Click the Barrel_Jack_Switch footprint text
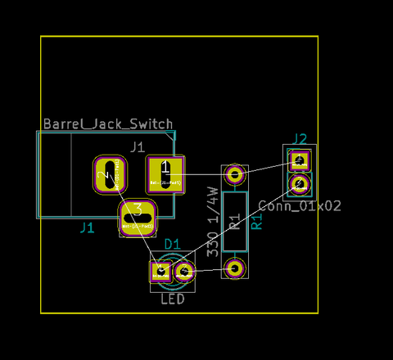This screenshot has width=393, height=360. tap(107, 124)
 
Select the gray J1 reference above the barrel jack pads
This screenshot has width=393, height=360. tap(138, 146)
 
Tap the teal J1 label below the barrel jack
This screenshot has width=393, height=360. tap(87, 228)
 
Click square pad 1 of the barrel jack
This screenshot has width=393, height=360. tap(166, 174)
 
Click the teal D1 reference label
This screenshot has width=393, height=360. tap(173, 244)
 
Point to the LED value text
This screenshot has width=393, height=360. tap(172, 299)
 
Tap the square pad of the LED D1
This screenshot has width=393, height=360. tap(160, 271)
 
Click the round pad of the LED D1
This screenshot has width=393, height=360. tap(185, 271)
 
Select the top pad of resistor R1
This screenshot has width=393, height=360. tap(236, 174)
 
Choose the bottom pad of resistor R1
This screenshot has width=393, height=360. tap(236, 268)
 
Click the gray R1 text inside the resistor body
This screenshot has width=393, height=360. tap(236, 222)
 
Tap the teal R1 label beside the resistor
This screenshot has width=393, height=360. tap(256, 220)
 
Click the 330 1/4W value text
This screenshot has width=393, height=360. tap(212, 222)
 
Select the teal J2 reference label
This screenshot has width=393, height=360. tap(300, 138)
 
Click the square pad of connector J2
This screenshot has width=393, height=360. tap(300, 160)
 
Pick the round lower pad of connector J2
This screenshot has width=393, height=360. tap(300, 183)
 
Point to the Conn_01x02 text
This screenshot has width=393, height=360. tap(300, 206)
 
